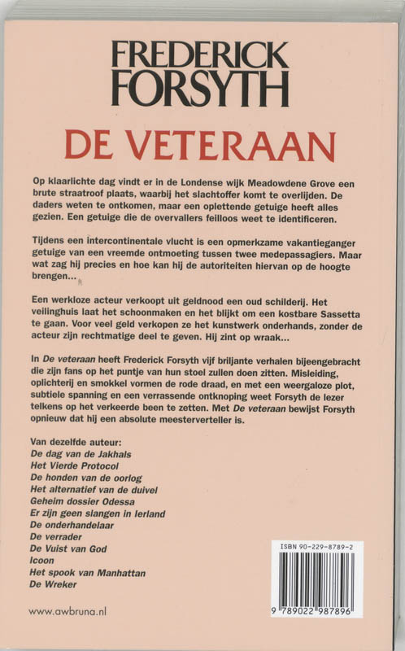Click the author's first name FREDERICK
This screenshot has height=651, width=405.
(200, 56)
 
